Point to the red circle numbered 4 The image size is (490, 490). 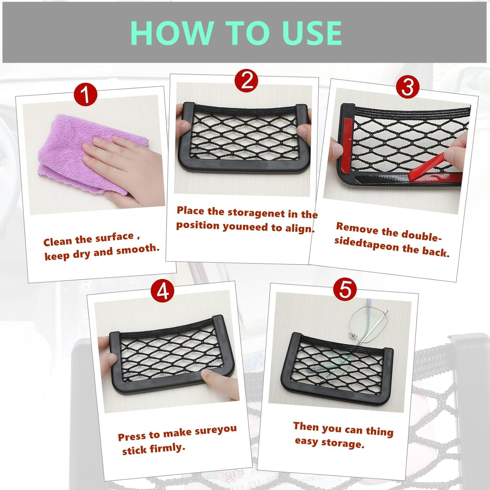pos(162,290)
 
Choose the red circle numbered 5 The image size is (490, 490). pos(345,289)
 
